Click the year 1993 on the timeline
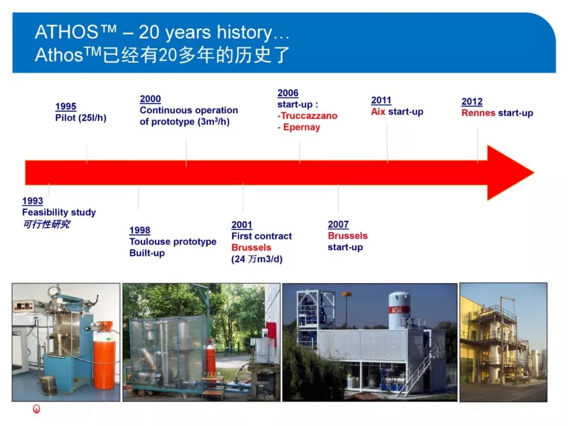click(33, 201)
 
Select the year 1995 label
click(66, 106)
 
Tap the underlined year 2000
click(150, 99)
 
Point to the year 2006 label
click(288, 93)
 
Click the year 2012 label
click(472, 102)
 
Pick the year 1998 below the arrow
click(140, 230)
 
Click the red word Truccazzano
click(309, 116)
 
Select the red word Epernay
click(302, 127)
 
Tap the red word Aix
click(378, 111)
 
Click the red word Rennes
click(478, 113)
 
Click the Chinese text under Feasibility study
click(46, 224)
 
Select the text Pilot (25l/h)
click(81, 118)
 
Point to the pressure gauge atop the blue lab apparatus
click(54, 291)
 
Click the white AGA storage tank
click(399, 311)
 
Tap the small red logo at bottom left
click(37, 409)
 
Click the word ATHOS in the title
click(66, 32)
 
